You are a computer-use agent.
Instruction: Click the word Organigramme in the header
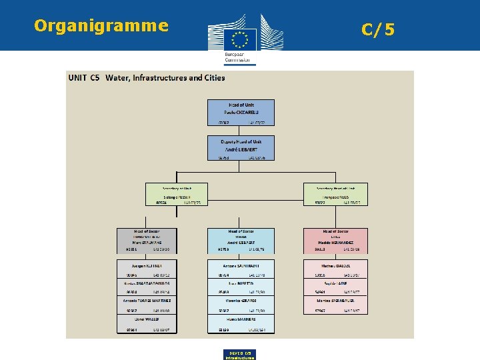pos(101,26)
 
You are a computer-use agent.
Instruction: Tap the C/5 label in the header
pos(378,29)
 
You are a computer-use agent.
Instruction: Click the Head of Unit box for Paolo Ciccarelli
pos(241,112)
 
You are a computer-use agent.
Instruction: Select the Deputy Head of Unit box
pos(241,148)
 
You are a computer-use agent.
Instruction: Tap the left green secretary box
pos(177,193)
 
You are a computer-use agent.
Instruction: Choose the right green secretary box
pos(335,193)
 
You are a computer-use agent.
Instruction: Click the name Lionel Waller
pos(147,320)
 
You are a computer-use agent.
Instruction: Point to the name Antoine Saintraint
pos(241,265)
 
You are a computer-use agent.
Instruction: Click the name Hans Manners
pos(241,320)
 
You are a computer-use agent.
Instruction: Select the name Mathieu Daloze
pos(335,265)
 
